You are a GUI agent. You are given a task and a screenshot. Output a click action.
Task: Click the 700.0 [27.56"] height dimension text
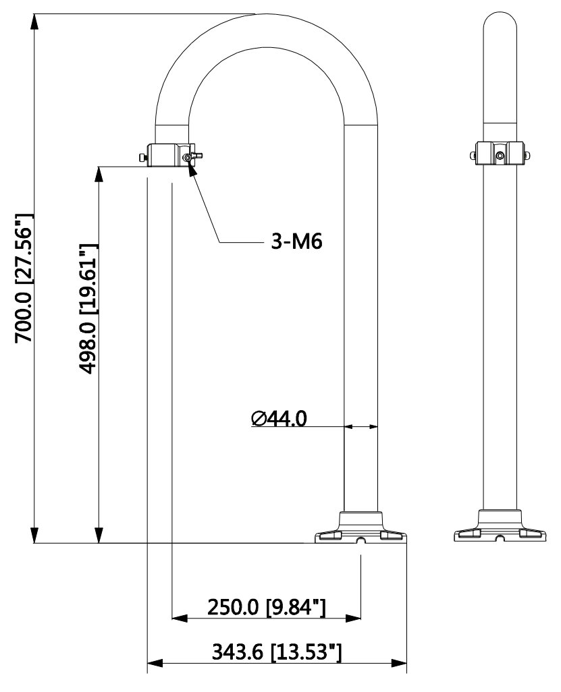[x=24, y=279]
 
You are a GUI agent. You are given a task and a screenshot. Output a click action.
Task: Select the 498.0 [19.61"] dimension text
[x=87, y=308]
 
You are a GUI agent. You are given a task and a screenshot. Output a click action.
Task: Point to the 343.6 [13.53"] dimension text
[x=277, y=652]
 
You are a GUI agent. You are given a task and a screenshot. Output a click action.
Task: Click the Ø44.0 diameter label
[x=278, y=418]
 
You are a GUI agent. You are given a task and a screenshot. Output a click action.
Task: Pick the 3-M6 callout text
[x=294, y=241]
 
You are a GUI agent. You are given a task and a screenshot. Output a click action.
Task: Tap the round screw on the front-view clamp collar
[x=186, y=157]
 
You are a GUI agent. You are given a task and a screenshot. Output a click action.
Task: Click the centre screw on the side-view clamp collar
[x=500, y=156]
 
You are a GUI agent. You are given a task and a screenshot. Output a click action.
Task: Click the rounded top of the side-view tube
[x=500, y=24]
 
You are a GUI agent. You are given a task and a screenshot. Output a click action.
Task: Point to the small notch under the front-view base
[x=361, y=540]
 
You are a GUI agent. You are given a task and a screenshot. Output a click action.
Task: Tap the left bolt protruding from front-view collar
[x=142, y=158]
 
